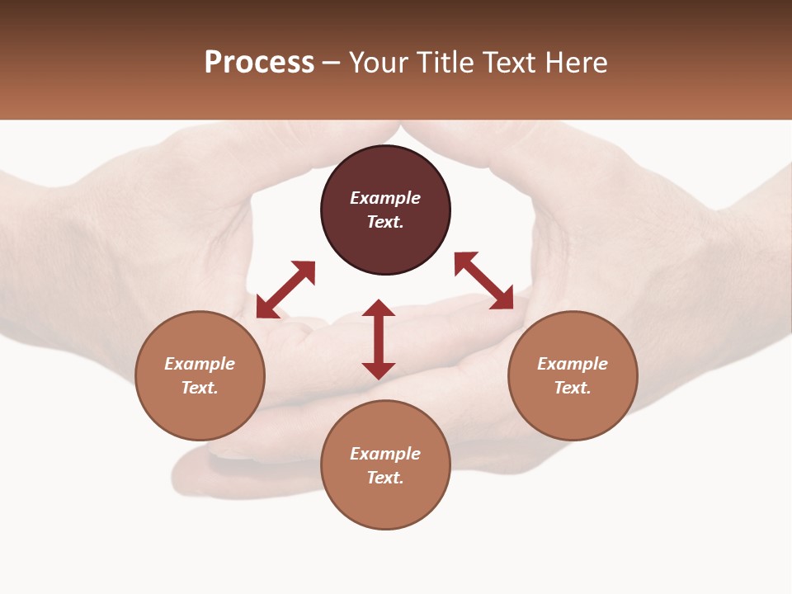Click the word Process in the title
coord(259,63)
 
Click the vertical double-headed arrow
coord(379,339)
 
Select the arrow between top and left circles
coord(285,290)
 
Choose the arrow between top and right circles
coord(484,280)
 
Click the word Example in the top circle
coord(385,198)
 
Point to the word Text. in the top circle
coord(385,222)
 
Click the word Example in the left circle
coord(200,364)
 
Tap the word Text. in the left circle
coord(200,388)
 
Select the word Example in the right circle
coord(573,364)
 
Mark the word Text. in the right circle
coord(573,388)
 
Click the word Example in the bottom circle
coord(385,454)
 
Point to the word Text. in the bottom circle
coord(385,478)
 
